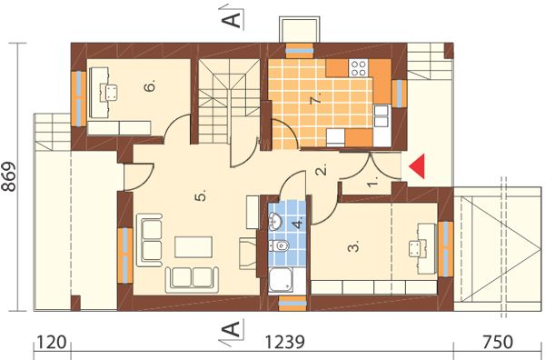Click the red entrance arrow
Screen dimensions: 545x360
(x=417, y=166)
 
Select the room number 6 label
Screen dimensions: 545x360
(x=150, y=85)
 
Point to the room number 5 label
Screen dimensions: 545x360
(x=202, y=195)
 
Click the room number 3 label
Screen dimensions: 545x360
(x=353, y=247)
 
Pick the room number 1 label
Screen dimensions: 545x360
(x=373, y=183)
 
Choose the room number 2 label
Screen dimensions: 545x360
(x=322, y=169)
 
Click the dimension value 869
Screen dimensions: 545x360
(x=9, y=176)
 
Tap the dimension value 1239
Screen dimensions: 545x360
(x=285, y=342)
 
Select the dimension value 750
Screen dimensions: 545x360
(x=498, y=342)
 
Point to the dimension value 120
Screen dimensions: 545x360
(x=51, y=342)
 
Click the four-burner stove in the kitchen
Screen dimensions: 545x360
(x=358, y=68)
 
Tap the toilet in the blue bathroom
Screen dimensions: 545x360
(x=280, y=246)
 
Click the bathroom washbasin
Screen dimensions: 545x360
(x=276, y=221)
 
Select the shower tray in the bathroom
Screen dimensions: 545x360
(x=282, y=280)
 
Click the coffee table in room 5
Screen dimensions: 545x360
(x=193, y=247)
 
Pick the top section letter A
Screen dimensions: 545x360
(x=231, y=15)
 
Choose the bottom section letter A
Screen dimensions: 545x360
(x=231, y=329)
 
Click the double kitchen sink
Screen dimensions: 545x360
(x=382, y=115)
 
